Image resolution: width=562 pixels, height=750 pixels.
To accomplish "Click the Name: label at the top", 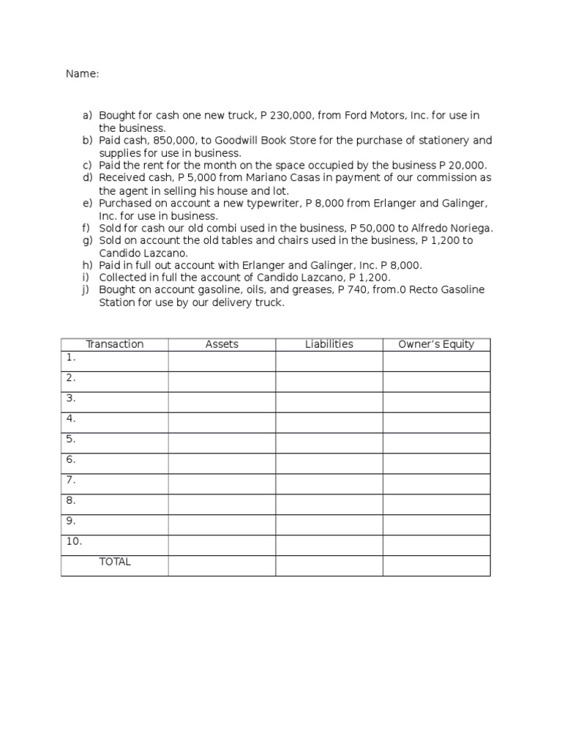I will tap(82, 74).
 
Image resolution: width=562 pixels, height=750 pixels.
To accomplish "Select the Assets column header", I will tap(222, 344).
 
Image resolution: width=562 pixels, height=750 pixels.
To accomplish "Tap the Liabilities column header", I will tap(329, 344).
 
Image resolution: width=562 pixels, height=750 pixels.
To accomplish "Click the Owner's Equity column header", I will tap(436, 344).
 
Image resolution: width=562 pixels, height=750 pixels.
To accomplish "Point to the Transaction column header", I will tap(115, 344).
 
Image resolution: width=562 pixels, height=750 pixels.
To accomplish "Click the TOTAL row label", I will tap(115, 562).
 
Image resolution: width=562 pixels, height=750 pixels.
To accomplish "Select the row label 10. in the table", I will tap(74, 541).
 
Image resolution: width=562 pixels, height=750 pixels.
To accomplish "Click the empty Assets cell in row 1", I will tap(222, 361).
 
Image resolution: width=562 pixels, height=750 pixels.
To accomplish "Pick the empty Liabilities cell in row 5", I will tap(329, 443).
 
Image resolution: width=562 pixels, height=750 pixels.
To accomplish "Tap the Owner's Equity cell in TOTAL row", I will tap(436, 565).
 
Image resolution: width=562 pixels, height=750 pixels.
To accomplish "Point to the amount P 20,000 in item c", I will tap(462, 166).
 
